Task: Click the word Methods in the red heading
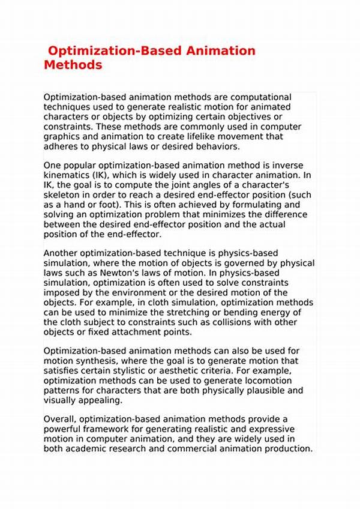[73, 65]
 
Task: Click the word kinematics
[68, 175]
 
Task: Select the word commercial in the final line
[200, 449]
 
